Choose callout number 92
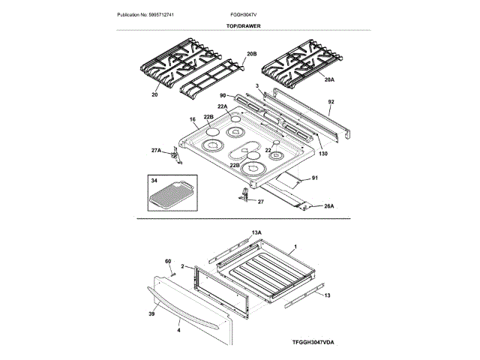[x=330, y=100]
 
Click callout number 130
[x=323, y=154]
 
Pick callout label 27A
[x=155, y=151]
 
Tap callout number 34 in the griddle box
[x=154, y=181]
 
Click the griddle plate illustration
[x=171, y=196]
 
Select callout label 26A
[x=328, y=206]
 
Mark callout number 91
[x=315, y=178]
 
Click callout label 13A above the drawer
[x=256, y=233]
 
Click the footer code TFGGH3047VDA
[x=313, y=342]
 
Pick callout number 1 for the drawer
[x=295, y=247]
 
